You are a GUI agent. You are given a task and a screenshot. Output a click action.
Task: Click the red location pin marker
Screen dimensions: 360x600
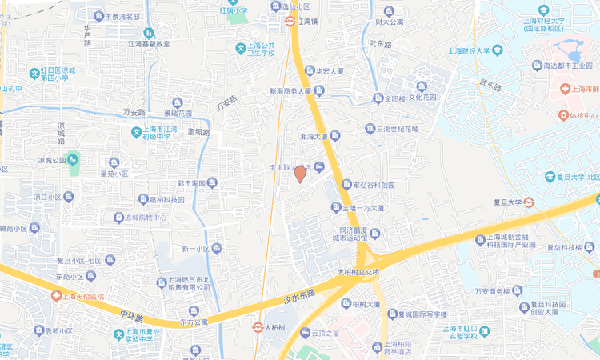(300, 173)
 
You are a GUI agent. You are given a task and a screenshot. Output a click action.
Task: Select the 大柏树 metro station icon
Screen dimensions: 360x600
(258, 327)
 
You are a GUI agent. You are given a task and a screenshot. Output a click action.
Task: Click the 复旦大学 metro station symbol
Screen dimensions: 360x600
(530, 202)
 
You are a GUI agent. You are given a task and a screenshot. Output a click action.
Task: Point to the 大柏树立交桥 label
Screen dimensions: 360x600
(360, 273)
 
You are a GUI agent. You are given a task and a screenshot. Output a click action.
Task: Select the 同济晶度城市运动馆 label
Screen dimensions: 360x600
(349, 233)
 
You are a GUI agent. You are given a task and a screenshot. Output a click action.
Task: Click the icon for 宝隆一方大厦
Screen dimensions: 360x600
(336, 208)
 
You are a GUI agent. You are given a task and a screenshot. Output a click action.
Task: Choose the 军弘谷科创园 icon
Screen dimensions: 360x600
(346, 185)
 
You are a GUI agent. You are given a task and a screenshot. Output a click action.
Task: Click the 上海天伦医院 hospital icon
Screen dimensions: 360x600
(56, 296)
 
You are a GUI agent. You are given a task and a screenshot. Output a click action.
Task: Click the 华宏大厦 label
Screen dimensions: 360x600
(329, 71)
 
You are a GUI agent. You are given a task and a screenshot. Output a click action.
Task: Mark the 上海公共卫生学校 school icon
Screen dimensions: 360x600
(240, 49)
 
